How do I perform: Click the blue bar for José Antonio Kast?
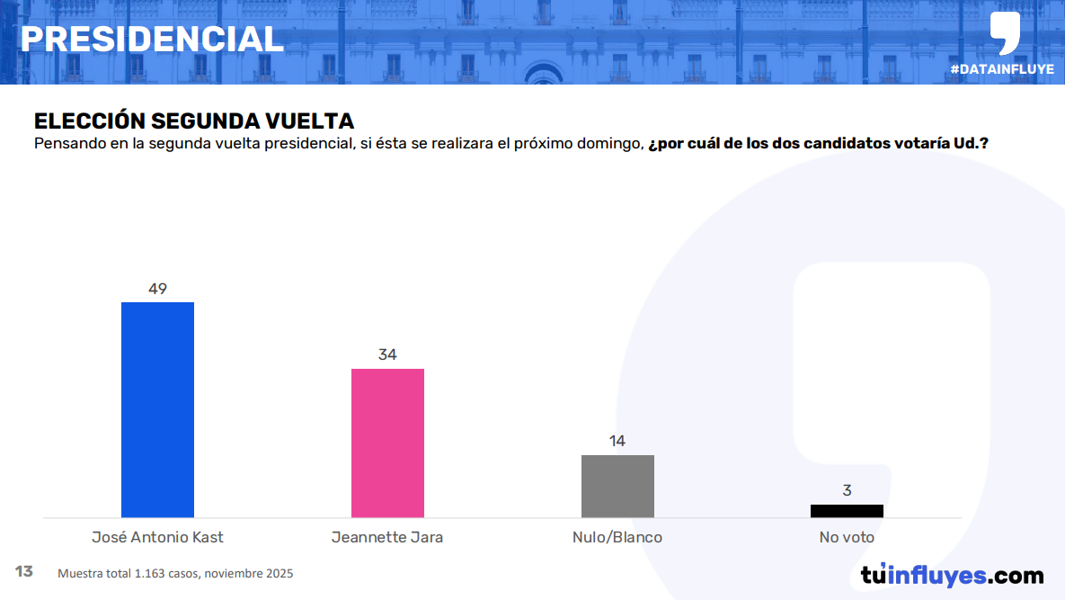(157, 409)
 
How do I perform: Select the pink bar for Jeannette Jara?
(387, 443)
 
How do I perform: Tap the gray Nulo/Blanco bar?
(617, 486)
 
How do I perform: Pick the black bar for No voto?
(847, 511)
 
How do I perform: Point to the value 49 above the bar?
(157, 289)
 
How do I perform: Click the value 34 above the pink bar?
(387, 354)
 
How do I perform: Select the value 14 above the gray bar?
(617, 441)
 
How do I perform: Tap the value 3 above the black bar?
(847, 490)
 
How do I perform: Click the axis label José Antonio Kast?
(157, 537)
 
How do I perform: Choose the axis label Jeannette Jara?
(387, 537)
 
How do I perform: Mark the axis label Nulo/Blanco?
(617, 537)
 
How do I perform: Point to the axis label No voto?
(847, 537)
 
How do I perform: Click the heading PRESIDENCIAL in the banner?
(152, 39)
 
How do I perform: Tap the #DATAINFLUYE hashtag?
(1001, 69)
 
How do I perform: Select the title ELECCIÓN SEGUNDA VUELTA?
(194, 121)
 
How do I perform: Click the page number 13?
(24, 571)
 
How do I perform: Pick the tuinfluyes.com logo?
(952, 575)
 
